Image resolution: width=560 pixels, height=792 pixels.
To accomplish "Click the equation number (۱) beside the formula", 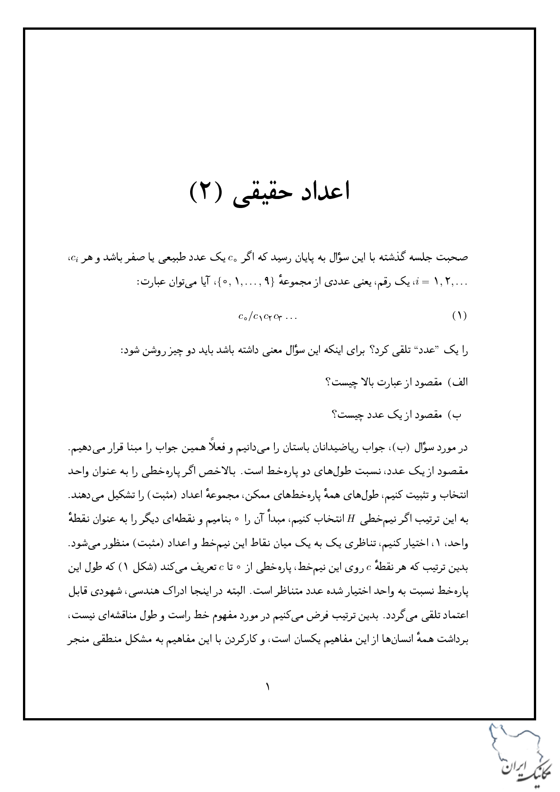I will pyautogui.click(x=459, y=316).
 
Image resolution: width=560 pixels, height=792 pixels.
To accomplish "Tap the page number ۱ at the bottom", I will pyautogui.click(x=267, y=687).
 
